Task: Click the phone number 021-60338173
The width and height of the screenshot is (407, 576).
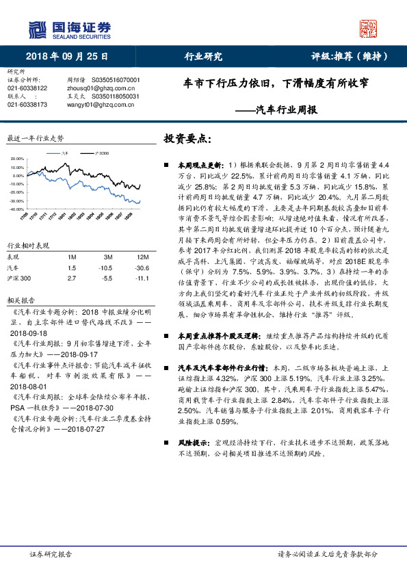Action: (x=27, y=105)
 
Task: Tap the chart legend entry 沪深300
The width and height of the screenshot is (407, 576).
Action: (x=100, y=154)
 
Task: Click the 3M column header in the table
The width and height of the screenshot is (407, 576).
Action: (x=104, y=257)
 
